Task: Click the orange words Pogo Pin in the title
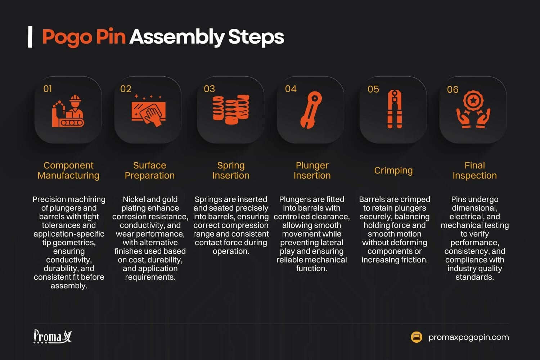[84, 37]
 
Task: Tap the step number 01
[48, 89]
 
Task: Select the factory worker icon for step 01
[68, 111]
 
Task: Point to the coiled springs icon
[231, 110]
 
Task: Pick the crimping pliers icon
[395, 109]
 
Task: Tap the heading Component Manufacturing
[68, 170]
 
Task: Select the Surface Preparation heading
[149, 170]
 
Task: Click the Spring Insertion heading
[231, 170]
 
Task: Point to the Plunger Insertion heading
[312, 170]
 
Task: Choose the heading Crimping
[393, 170]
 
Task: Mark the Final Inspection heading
[474, 170]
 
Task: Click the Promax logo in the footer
[53, 337]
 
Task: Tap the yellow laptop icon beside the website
[417, 337]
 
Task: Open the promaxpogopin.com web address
[468, 337]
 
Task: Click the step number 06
[453, 90]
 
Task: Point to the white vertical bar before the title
[30, 37]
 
